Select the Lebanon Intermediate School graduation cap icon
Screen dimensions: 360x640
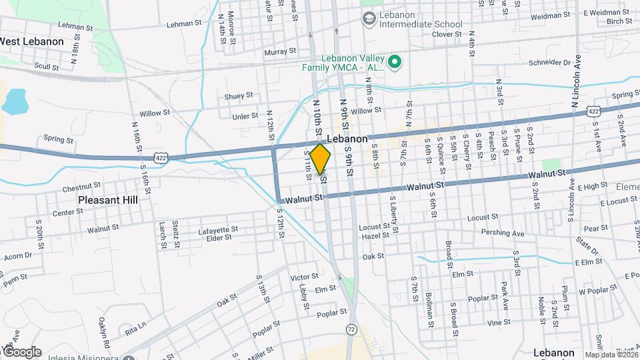click(368, 19)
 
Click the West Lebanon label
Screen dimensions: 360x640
click(32, 41)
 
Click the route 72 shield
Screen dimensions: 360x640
click(351, 329)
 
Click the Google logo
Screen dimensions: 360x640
click(21, 351)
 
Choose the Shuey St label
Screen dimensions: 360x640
click(239, 96)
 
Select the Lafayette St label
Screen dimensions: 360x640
click(218, 230)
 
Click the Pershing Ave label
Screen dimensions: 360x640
click(503, 233)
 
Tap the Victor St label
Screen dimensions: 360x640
click(305, 277)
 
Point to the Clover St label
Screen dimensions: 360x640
click(447, 34)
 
